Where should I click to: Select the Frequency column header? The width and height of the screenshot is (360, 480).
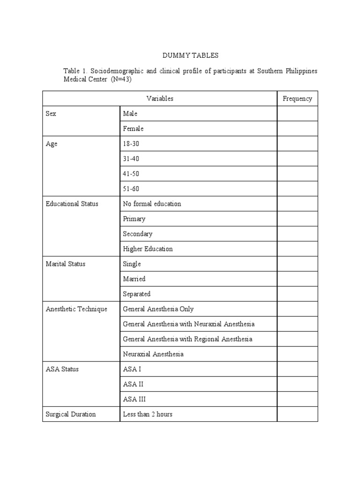297,98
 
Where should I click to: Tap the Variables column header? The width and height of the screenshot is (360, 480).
160,98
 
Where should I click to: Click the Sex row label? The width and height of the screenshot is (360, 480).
51,114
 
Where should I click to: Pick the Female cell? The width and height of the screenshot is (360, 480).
133,129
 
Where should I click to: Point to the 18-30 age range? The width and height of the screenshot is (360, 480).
131,144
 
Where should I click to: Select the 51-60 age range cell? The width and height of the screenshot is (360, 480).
131,189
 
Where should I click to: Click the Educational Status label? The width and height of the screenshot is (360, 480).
72,204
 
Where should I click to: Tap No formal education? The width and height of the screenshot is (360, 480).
152,204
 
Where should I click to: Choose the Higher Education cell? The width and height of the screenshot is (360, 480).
148,249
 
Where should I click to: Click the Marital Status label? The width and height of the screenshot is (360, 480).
66,264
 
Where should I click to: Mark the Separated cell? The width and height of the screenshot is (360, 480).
136,294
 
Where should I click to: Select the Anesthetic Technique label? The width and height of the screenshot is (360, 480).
76,309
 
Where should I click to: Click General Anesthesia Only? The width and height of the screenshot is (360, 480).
158,309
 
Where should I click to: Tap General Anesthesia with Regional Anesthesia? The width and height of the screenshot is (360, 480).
187,339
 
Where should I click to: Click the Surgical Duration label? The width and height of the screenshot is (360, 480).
71,414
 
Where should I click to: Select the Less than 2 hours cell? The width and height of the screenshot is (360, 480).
148,414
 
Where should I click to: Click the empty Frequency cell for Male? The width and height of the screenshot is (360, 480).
297,114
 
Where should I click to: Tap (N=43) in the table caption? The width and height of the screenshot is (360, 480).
121,79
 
